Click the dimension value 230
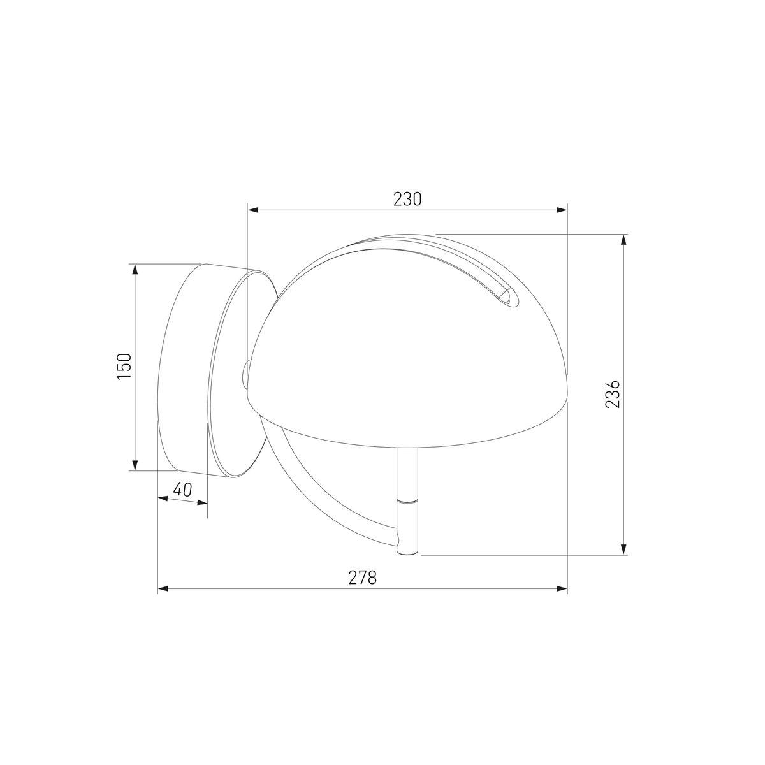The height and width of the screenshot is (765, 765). [407, 199]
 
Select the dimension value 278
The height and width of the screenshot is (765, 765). [363, 578]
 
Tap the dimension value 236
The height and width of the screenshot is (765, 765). [613, 395]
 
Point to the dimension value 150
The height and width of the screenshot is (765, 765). [124, 367]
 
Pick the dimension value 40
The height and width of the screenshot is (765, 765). [182, 490]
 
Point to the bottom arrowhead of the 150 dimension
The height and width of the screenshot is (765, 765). [135, 465]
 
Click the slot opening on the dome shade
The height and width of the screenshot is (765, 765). [508, 296]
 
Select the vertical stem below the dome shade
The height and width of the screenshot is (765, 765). [406, 472]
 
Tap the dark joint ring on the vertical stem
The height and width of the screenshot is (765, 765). [406, 501]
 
